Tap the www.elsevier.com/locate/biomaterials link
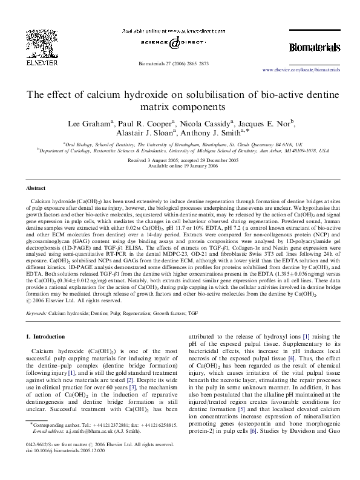305,70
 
